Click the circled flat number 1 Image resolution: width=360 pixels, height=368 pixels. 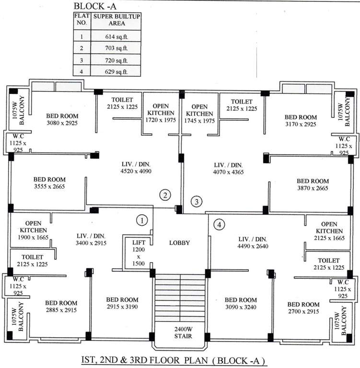click(x=141, y=220)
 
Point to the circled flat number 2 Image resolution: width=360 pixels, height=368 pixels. click(x=165, y=195)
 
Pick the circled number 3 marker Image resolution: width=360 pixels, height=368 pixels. click(x=196, y=201)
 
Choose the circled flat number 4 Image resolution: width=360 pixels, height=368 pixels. click(x=219, y=224)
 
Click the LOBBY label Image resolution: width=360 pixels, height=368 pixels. click(x=180, y=243)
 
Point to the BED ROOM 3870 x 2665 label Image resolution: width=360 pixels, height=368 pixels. click(x=313, y=184)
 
